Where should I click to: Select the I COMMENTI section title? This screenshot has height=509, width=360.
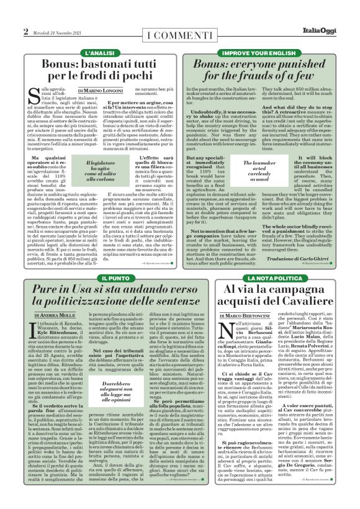(x=179, y=32)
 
